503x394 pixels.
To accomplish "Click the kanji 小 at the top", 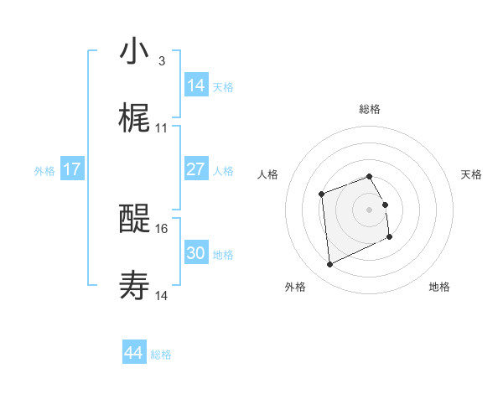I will click(134, 52).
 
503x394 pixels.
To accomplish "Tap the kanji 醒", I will click(134, 220).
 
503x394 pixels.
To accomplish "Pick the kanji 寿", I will click(134, 287).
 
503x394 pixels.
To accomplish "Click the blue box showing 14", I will click(196, 86).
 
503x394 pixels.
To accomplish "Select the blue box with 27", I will click(196, 169).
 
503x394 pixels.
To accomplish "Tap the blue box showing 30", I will click(196, 253).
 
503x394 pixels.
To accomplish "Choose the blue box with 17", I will click(72, 169).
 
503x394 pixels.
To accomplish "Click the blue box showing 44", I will click(134, 353).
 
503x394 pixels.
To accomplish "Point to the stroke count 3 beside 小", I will click(161, 60).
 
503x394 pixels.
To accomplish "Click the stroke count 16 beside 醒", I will click(163, 228).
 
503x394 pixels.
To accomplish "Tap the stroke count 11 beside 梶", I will click(163, 128).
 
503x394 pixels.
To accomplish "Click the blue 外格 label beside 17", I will click(44, 170).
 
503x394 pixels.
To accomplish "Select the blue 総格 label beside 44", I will click(161, 355).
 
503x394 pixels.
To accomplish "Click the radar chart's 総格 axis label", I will click(369, 109).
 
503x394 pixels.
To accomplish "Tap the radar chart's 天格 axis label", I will click(472, 174).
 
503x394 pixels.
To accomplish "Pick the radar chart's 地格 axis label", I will click(439, 287).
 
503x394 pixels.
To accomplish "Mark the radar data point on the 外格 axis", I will click(329, 265).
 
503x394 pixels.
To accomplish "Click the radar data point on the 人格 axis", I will click(321, 194).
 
